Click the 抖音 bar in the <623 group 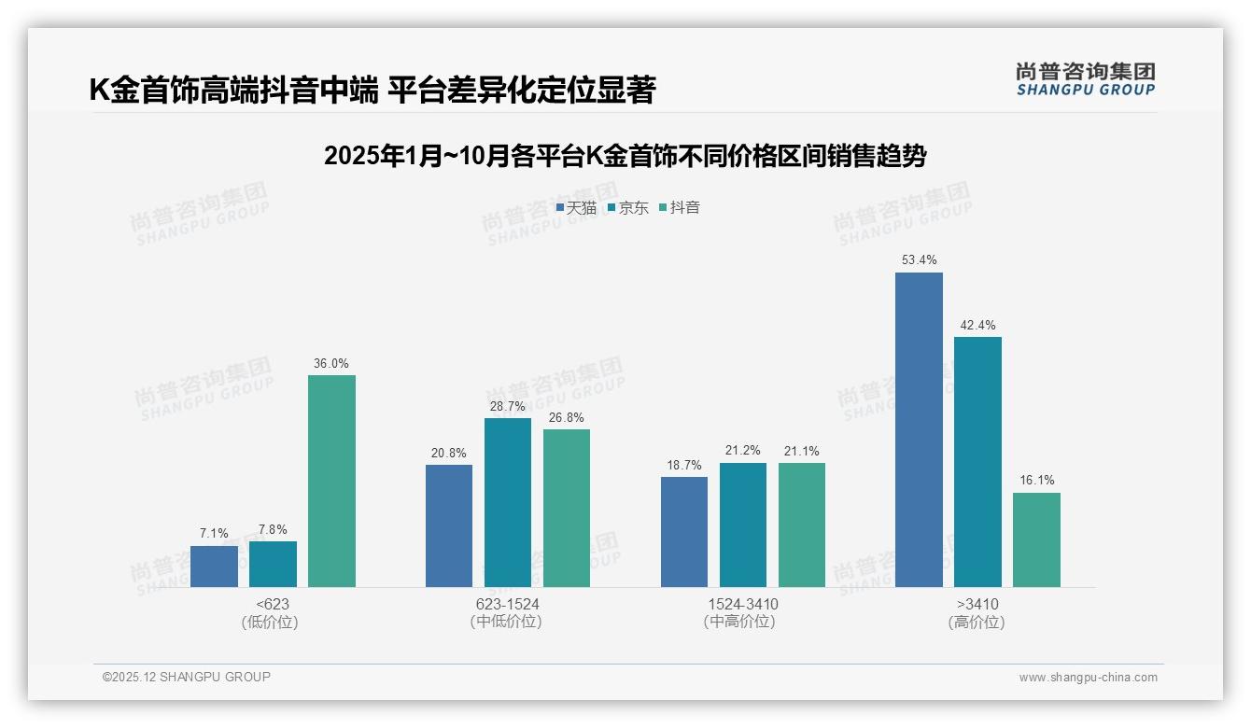tap(331, 481)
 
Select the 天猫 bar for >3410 tap(919, 429)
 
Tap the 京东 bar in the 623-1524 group tap(508, 502)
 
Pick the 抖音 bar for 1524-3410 tap(802, 525)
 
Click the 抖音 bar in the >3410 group tap(1036, 539)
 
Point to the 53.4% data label tap(919, 259)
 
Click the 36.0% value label tap(331, 363)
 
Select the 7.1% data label tap(214, 533)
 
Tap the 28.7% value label tap(508, 406)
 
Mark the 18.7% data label tap(684, 465)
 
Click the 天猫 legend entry tap(576, 208)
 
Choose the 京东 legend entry tap(627, 208)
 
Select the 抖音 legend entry tap(679, 208)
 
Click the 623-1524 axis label tap(507, 604)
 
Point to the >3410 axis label tap(977, 604)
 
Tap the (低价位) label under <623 tap(271, 622)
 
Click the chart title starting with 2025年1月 tap(625, 156)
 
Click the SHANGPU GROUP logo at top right tap(1085, 79)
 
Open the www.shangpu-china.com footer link tap(1088, 678)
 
